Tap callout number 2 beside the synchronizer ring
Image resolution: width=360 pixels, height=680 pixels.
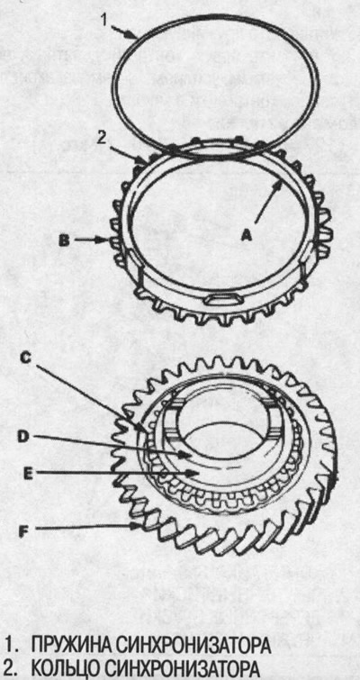pyautogui.click(x=101, y=140)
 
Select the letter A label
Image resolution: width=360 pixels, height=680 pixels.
pyautogui.click(x=246, y=234)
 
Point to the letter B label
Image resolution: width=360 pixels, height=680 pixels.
pyautogui.click(x=64, y=240)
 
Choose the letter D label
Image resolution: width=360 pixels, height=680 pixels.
pyautogui.click(x=23, y=438)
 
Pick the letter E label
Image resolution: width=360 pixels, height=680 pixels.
pyautogui.click(x=28, y=474)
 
